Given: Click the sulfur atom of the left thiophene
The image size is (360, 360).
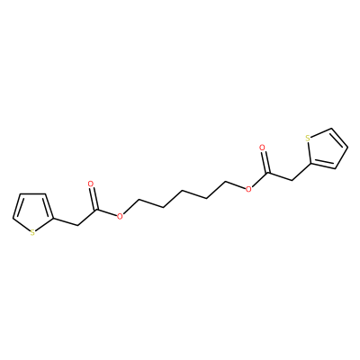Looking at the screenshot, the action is pos(32,232).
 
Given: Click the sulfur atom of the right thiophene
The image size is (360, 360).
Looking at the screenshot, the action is pos(308,139).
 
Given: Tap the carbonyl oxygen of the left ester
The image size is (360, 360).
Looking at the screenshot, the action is pos(91,184).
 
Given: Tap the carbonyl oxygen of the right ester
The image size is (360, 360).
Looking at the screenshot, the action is pos(262,148).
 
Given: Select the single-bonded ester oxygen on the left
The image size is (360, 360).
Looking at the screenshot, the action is pos(120,216).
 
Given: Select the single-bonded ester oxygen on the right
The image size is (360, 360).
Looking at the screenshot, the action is pos(248,189).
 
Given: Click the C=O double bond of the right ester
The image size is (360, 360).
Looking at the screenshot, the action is pos(265,162).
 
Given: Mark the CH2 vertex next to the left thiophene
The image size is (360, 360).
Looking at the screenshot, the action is pos(77,225).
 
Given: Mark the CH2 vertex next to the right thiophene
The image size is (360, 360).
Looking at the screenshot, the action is pos(292,180).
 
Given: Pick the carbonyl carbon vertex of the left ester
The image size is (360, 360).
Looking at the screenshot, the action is pos(96,210).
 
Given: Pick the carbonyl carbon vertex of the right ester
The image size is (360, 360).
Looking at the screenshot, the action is pos(268,173).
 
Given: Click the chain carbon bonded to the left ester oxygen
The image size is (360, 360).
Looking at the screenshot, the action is pos(139,199).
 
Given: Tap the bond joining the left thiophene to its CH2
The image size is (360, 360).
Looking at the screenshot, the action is pos(66,221).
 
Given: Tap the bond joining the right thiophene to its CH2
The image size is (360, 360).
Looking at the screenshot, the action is pos(301,172).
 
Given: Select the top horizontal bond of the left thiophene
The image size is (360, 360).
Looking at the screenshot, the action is pos(32,193).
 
